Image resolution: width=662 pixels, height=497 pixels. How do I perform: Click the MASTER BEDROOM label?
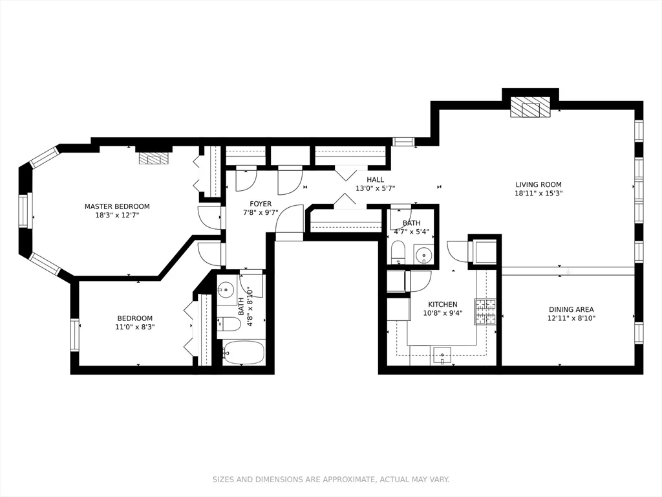pyautogui.click(x=117, y=206)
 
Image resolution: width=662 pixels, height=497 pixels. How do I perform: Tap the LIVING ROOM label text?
pyautogui.click(x=538, y=184)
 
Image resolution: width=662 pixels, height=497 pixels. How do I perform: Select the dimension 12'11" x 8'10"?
pyautogui.click(x=571, y=318)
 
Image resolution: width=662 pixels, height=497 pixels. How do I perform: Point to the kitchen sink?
pyautogui.click(x=442, y=355)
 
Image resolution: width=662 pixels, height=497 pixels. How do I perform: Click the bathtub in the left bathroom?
pyautogui.click(x=244, y=353)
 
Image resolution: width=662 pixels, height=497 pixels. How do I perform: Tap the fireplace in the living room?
pyautogui.click(x=530, y=109)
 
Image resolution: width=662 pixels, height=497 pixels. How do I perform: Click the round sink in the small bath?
pyautogui.click(x=423, y=254)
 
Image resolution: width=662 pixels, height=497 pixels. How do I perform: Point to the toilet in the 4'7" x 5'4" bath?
pyautogui.click(x=398, y=253)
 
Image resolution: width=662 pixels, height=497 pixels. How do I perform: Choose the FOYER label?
pyautogui.click(x=261, y=204)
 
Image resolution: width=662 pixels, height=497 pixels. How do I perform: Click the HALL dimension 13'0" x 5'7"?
pyautogui.click(x=375, y=189)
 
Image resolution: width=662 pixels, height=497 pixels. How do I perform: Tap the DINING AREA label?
pyautogui.click(x=571, y=309)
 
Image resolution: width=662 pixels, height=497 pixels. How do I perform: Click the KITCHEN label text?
pyautogui.click(x=443, y=304)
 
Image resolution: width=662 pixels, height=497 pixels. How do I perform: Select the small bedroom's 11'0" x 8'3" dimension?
pyautogui.click(x=135, y=327)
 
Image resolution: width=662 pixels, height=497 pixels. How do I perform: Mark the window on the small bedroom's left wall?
pyautogui.click(x=74, y=335)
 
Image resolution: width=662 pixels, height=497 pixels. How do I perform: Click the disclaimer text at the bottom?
pyautogui.click(x=330, y=480)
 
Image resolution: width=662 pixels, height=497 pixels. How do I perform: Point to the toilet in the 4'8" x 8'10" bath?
pyautogui.click(x=228, y=324)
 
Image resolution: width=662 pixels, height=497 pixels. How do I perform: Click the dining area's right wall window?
pyautogui.click(x=639, y=332)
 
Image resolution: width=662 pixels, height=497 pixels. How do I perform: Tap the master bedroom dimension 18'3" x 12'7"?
pyautogui.click(x=117, y=215)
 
